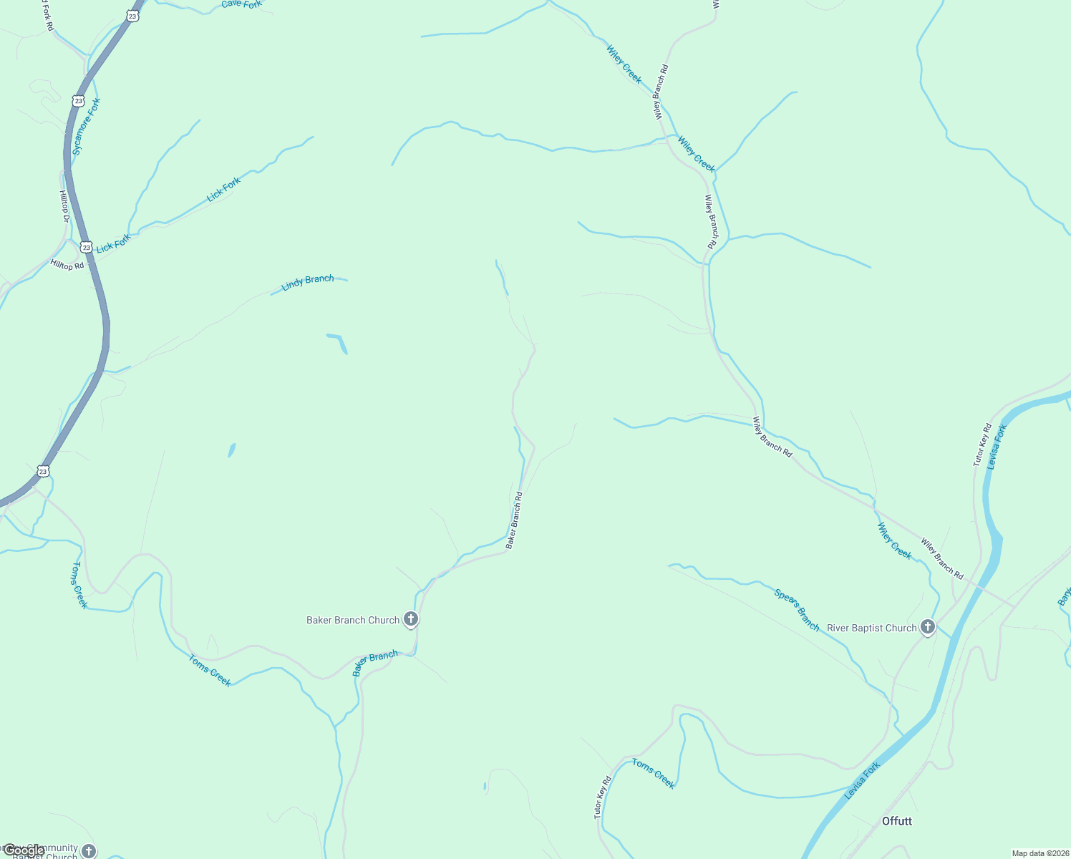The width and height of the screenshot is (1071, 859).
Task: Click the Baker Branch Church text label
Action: (x=352, y=620)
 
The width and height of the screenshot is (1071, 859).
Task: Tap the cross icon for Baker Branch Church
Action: (x=411, y=618)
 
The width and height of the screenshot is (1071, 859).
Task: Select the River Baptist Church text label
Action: (x=871, y=628)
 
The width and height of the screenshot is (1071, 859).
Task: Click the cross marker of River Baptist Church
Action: (x=928, y=627)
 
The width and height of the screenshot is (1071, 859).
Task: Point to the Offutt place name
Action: (x=896, y=821)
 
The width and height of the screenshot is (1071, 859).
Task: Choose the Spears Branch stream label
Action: (x=797, y=609)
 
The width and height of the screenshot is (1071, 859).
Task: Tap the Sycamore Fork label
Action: (x=87, y=127)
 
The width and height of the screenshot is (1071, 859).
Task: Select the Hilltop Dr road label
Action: (x=64, y=205)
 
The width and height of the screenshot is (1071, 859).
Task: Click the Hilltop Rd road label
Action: (x=67, y=265)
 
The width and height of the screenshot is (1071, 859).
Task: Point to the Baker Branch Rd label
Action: (x=514, y=520)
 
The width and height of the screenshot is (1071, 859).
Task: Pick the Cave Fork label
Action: (x=241, y=4)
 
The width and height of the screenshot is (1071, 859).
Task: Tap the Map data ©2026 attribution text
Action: (x=1040, y=853)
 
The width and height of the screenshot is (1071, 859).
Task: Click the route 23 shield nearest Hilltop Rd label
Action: (x=87, y=247)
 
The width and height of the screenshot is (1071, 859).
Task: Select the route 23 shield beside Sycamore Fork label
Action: (x=78, y=101)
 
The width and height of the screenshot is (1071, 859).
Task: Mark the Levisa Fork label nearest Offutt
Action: (x=862, y=781)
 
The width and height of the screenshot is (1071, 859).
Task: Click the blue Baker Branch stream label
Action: (x=375, y=663)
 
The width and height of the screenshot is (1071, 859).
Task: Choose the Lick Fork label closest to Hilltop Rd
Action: (x=113, y=243)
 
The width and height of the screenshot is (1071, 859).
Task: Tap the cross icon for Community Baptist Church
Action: (x=89, y=850)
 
